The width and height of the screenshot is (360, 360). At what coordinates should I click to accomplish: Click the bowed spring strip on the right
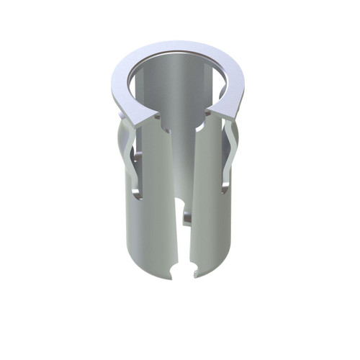(232, 155)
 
